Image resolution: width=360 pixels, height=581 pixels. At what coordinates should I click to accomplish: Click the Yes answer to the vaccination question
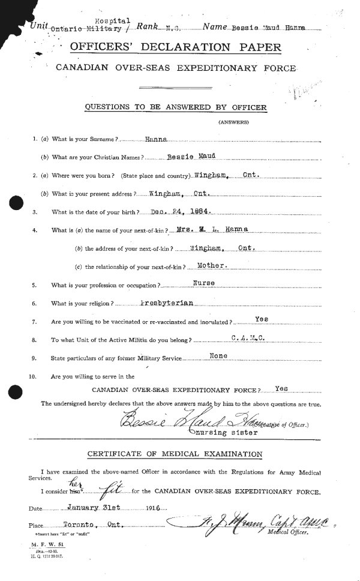[261, 321]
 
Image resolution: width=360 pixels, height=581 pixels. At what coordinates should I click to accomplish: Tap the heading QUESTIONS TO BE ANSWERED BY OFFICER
[175, 107]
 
